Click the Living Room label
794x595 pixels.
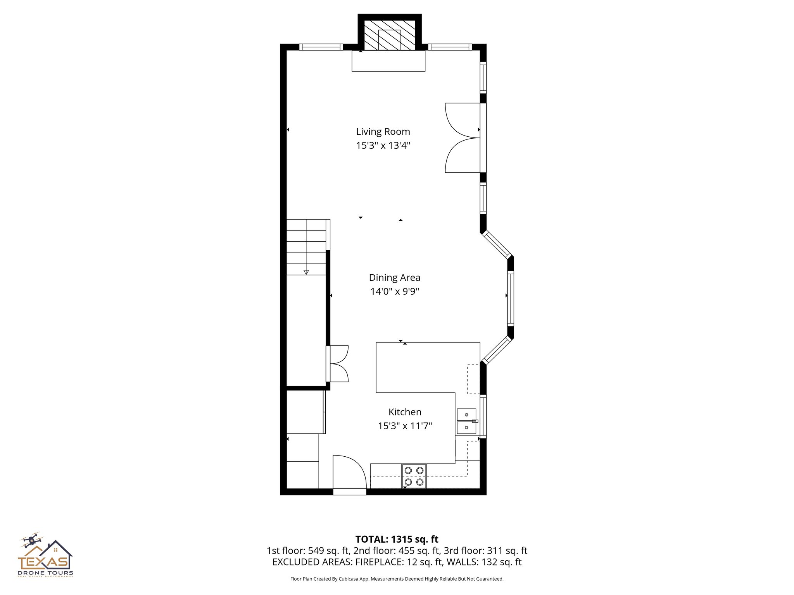pyautogui.click(x=383, y=132)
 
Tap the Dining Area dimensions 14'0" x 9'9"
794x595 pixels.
pyautogui.click(x=394, y=291)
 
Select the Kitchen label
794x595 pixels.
pyautogui.click(x=405, y=412)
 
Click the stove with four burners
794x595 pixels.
pyautogui.click(x=414, y=476)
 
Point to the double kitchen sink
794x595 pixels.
pyautogui.click(x=466, y=421)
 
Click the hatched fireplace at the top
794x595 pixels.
pyautogui.click(x=389, y=35)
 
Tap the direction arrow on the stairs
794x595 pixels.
pyautogui.click(x=306, y=272)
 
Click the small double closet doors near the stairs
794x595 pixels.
pyautogui.click(x=338, y=364)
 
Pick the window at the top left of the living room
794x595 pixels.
pyautogui.click(x=321, y=47)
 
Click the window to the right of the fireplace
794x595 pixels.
pyautogui.click(x=450, y=47)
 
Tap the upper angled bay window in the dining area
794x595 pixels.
pyautogui.click(x=497, y=244)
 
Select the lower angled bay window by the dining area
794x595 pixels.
pyautogui.click(x=497, y=350)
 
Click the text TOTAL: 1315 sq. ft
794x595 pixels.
pyautogui.click(x=397, y=539)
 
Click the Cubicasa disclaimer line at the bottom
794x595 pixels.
pyautogui.click(x=397, y=579)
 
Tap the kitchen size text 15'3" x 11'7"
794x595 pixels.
pyautogui.click(x=405, y=426)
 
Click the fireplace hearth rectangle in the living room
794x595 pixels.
pyautogui.click(x=388, y=61)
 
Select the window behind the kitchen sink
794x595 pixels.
pyautogui.click(x=483, y=416)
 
